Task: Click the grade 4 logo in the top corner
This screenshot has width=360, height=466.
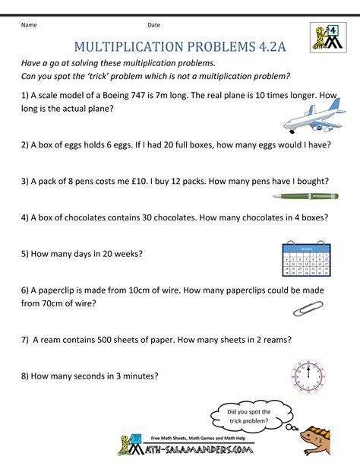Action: (x=327, y=36)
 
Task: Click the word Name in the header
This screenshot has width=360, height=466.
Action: (x=30, y=25)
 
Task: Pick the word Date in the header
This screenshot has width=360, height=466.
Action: (x=154, y=25)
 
